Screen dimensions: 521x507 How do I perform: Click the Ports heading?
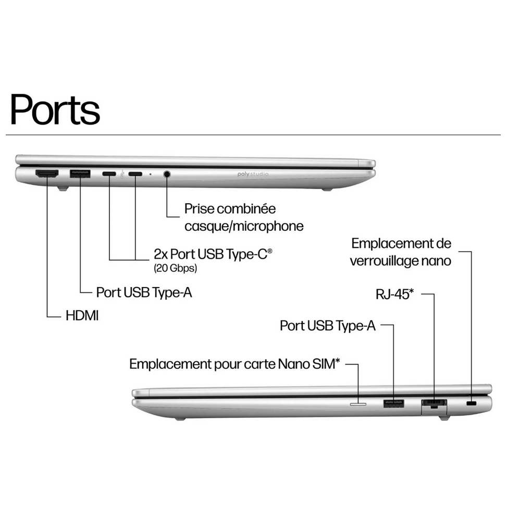(55, 110)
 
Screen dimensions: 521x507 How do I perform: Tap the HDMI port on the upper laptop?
(46, 174)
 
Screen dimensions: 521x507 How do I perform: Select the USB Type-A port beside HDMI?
(80, 174)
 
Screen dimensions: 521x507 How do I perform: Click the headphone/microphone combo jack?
(167, 175)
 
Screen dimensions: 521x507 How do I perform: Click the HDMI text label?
(82, 316)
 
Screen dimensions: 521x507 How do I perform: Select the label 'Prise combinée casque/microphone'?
(244, 217)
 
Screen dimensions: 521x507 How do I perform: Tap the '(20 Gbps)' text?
(175, 269)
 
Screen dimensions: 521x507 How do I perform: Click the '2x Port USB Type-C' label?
(213, 255)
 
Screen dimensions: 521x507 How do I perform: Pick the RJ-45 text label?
(394, 294)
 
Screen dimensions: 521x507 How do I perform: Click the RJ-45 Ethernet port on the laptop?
(434, 403)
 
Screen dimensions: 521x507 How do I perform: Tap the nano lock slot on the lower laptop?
(472, 404)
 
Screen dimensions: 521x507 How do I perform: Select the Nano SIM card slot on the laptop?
(358, 403)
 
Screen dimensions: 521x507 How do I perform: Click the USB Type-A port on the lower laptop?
(393, 403)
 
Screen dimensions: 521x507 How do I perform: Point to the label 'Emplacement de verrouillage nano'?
(401, 252)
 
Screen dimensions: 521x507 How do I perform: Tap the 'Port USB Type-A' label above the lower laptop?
(327, 326)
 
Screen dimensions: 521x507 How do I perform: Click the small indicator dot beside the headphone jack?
(151, 175)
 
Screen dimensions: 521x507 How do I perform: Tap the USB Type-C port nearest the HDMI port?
(109, 174)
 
